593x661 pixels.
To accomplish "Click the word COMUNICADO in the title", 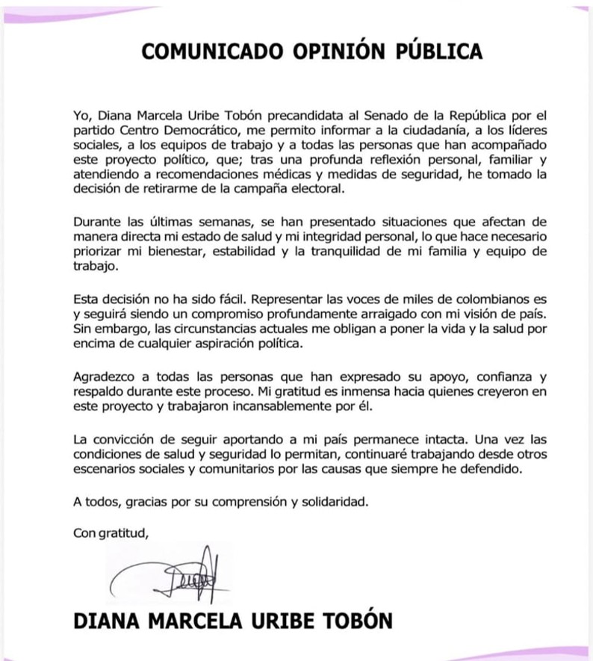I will (x=201, y=52).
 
